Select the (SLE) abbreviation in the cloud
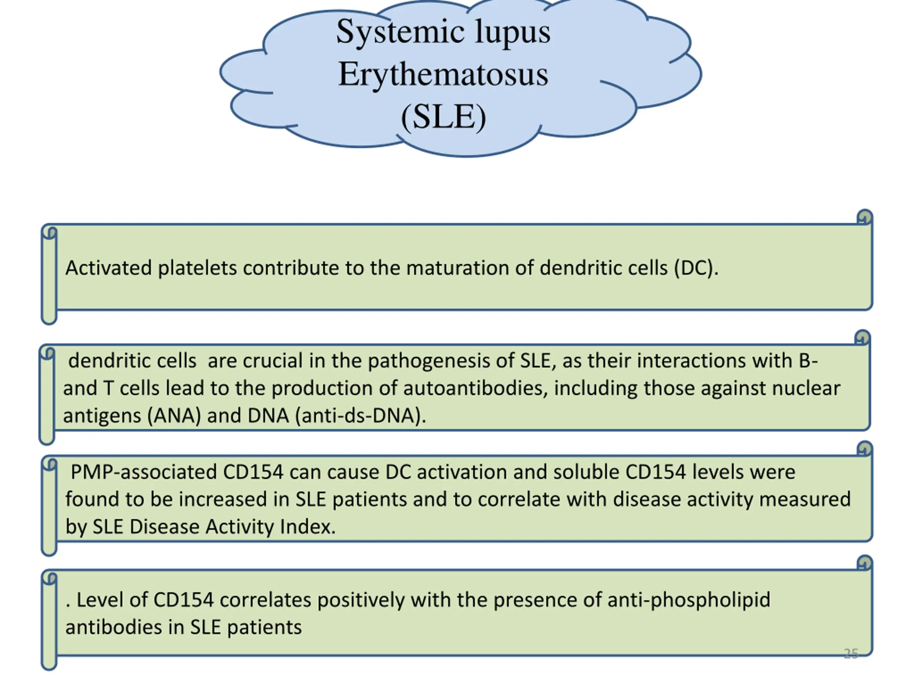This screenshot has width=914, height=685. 443,117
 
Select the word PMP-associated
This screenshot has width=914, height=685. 144,472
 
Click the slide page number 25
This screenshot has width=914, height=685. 851,654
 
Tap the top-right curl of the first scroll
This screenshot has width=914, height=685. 864,217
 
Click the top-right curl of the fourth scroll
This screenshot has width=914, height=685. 864,562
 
